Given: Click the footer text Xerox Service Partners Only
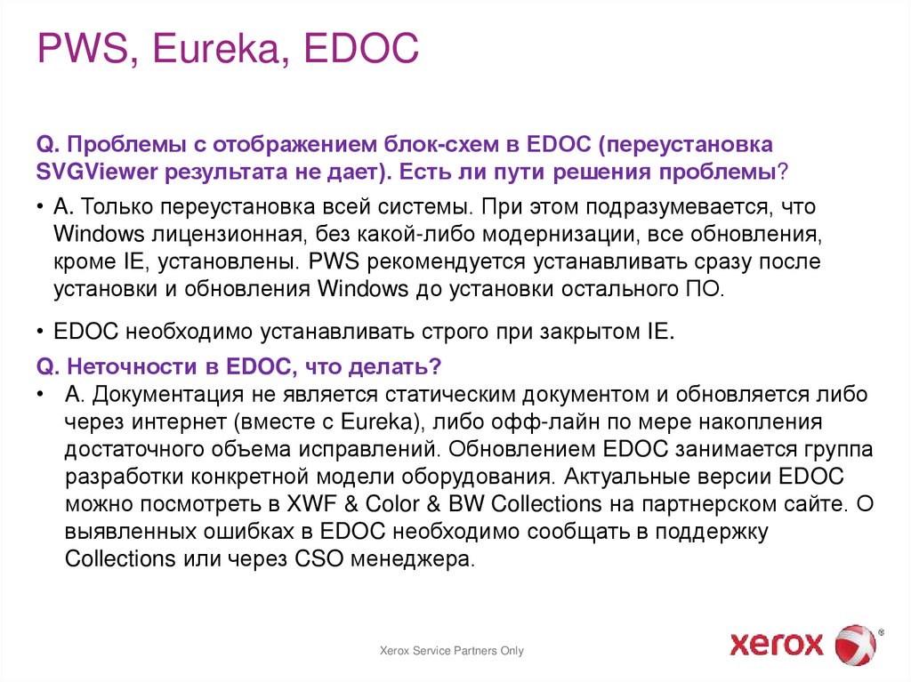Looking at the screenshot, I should (x=452, y=651).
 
